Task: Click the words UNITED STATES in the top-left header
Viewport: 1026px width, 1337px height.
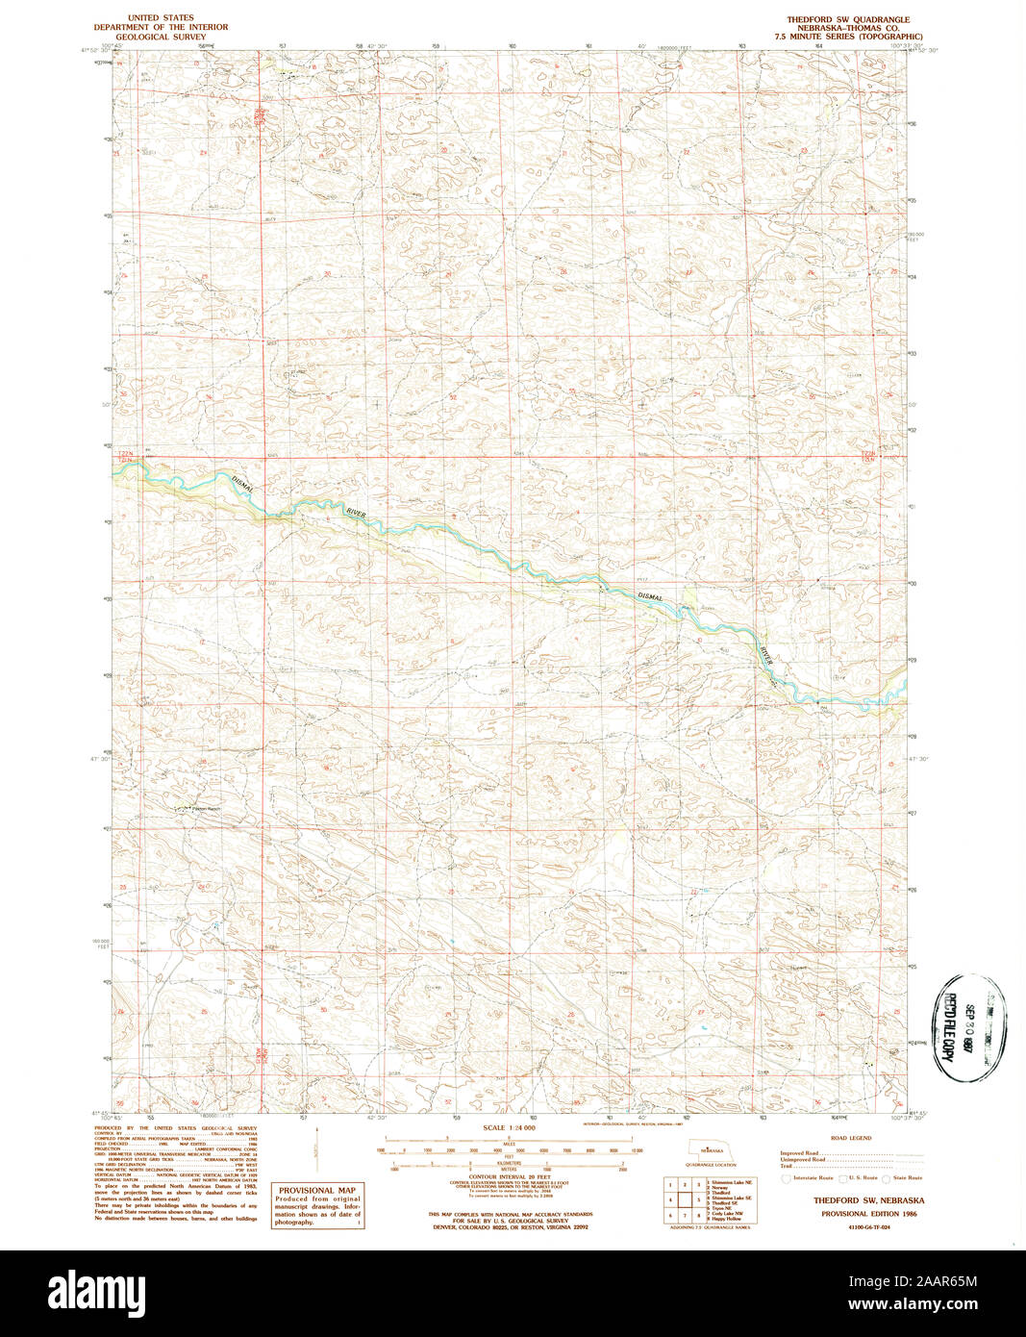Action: coord(161,18)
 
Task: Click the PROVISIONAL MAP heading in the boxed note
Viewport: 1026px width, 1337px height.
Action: coord(316,1190)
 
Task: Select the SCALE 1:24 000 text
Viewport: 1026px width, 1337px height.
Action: coord(509,1127)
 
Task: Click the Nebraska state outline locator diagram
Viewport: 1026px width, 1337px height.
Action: coord(712,1149)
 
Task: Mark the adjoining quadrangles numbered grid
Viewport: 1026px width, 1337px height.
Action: coord(683,1200)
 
